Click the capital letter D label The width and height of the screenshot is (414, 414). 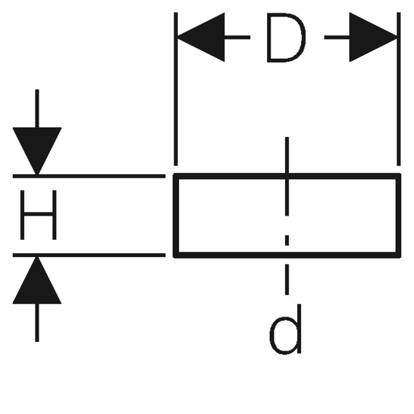click(x=286, y=38)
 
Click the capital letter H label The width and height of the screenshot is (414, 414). click(x=38, y=215)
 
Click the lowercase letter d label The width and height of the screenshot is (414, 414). click(x=285, y=329)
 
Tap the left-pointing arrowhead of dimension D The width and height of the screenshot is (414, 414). click(x=201, y=37)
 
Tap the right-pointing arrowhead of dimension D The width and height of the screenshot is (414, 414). click(x=373, y=37)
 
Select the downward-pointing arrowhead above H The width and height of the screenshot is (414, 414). click(x=37, y=151)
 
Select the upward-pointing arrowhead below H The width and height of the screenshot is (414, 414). click(x=37, y=280)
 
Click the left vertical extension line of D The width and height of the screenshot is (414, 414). click(x=176, y=89)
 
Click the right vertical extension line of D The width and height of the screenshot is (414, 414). click(x=399, y=89)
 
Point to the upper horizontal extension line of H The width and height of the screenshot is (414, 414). click(x=89, y=176)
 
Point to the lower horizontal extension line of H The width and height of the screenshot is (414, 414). click(x=89, y=255)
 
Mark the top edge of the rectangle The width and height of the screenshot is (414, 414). click(x=287, y=176)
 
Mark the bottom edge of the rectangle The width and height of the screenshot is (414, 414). click(x=287, y=255)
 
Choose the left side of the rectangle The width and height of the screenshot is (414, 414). click(x=176, y=216)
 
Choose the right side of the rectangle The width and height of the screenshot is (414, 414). click(x=398, y=216)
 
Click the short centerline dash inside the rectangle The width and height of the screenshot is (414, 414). click(x=287, y=240)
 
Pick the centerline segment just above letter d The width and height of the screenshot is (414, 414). click(x=287, y=280)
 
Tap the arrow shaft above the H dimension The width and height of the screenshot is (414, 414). click(x=37, y=109)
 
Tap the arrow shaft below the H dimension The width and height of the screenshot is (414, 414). click(x=37, y=323)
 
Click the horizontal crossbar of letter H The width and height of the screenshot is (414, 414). click(x=38, y=214)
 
